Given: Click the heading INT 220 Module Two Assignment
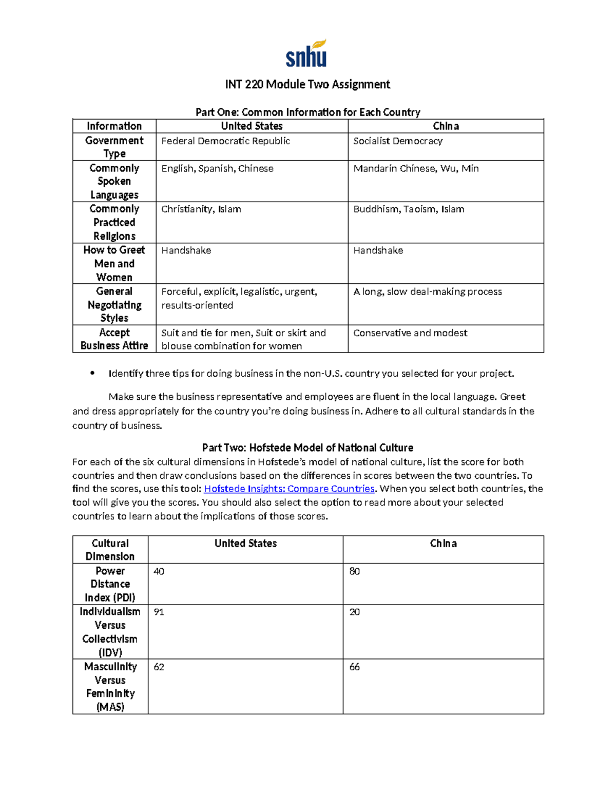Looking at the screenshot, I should (x=307, y=85).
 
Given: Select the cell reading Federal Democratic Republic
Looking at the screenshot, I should (x=225, y=141).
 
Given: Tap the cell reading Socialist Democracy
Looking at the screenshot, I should (x=397, y=141).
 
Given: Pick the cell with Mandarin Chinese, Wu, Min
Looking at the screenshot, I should (x=416, y=168).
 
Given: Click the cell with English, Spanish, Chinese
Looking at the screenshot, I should (x=217, y=168).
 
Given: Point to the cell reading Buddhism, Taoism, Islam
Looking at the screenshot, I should (x=409, y=209).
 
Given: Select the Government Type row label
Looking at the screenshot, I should (x=114, y=147).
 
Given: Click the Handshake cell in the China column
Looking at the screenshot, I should (x=378, y=250).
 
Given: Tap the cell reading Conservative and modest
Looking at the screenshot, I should (x=410, y=333).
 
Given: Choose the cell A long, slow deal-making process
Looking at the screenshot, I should (x=428, y=291).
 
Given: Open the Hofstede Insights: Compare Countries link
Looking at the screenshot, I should (x=289, y=489).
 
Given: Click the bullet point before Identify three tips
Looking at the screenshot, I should (x=92, y=373).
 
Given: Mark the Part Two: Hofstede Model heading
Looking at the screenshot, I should (x=307, y=448).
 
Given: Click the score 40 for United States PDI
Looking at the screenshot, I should (x=159, y=572).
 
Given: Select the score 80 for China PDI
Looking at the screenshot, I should (x=354, y=572).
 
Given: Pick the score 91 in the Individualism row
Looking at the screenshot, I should (x=159, y=612).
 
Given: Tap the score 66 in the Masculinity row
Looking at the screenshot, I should (x=354, y=667).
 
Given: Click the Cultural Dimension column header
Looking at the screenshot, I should (x=110, y=550).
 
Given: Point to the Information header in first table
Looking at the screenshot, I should (x=114, y=126).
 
